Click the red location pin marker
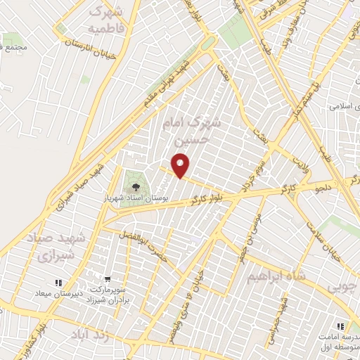click(181, 166)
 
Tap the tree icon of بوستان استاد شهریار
click(134, 187)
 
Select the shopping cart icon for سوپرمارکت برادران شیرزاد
click(108, 279)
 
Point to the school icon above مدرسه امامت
click(340, 327)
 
